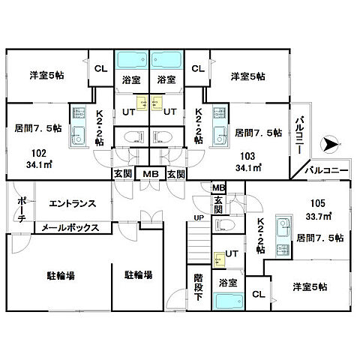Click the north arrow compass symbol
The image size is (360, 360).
tap(329, 142)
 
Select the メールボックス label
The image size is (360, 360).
tap(70, 227)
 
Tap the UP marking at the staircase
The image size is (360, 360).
tap(198, 218)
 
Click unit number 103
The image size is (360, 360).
tap(246, 157)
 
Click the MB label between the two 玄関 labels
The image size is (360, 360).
tap(150, 174)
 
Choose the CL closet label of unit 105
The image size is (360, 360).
tap(257, 292)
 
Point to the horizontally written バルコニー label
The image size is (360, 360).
tap(327, 170)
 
